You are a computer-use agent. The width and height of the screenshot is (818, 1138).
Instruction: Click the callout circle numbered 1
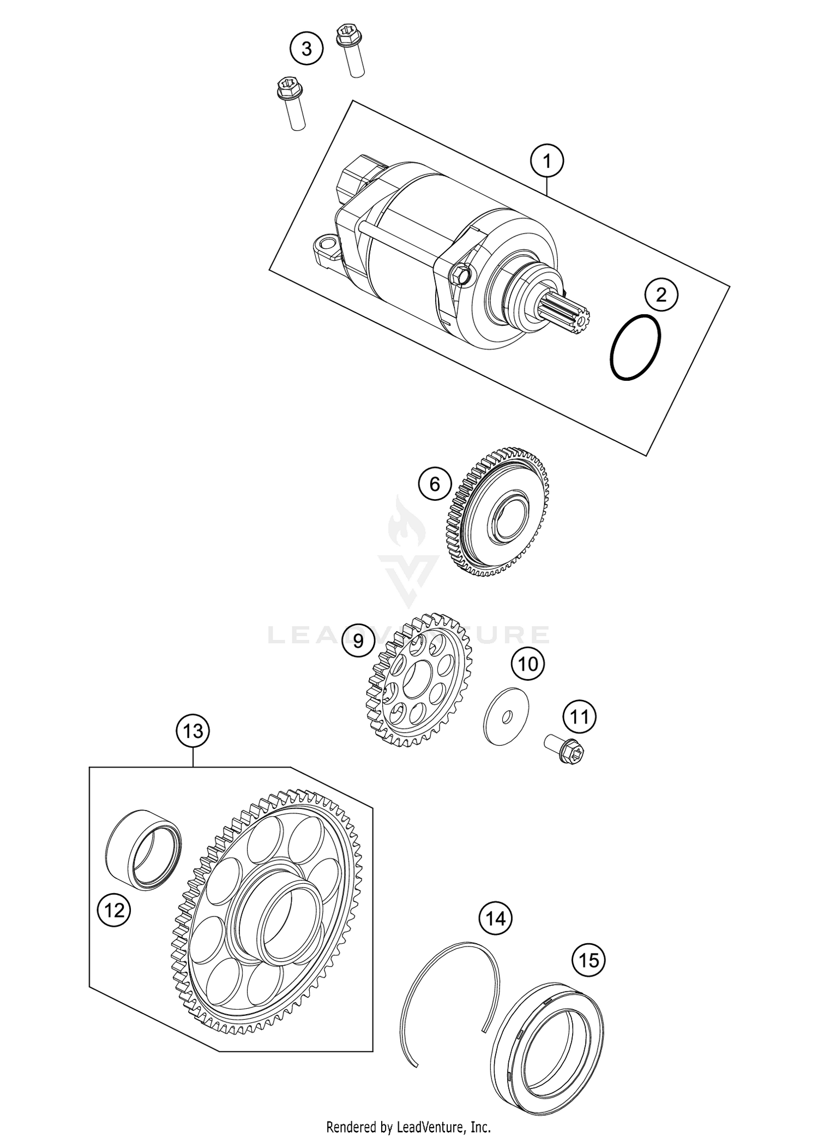click(547, 161)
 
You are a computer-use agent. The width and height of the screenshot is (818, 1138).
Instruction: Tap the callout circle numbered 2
click(661, 295)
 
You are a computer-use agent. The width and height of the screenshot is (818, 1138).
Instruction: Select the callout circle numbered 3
click(306, 49)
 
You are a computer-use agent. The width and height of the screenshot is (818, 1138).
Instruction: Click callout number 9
click(358, 640)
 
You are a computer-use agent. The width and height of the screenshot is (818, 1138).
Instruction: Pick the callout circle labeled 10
click(528, 664)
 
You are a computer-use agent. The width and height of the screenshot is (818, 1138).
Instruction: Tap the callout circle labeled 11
click(580, 716)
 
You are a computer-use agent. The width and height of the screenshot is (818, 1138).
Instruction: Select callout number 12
click(114, 910)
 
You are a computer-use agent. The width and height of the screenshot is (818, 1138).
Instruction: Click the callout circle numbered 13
click(193, 730)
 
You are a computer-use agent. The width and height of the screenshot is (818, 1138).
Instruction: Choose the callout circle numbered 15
click(589, 960)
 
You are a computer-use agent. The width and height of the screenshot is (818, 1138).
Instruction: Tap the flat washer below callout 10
click(506, 716)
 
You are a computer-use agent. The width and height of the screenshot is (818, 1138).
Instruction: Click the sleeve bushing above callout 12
click(143, 859)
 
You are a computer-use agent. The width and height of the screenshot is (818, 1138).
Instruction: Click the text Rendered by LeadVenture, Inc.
click(408, 1126)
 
